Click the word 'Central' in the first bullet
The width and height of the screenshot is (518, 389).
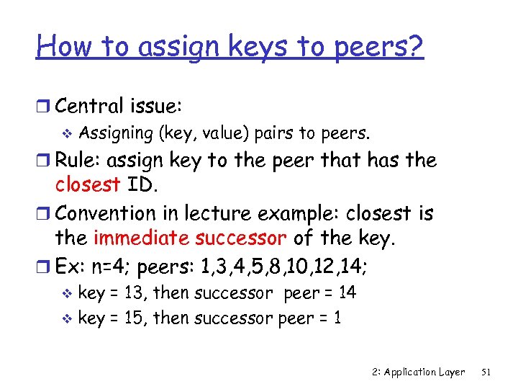pyautogui.click(x=91, y=107)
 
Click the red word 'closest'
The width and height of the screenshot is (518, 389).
pyautogui.click(x=88, y=186)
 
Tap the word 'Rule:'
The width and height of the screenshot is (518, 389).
pyautogui.click(x=81, y=159)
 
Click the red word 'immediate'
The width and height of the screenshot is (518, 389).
pyautogui.click(x=137, y=238)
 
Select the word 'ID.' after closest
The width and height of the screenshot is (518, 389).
pyautogui.click(x=142, y=186)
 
